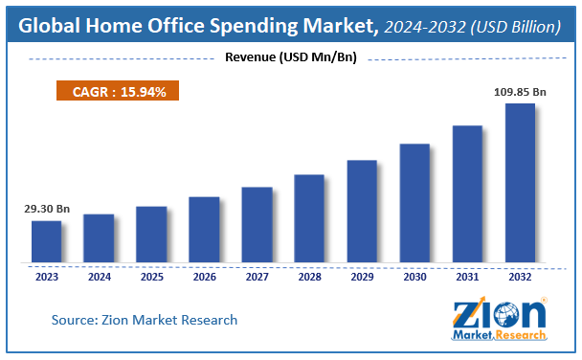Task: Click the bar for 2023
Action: [x=46, y=241]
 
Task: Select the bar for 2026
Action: [x=204, y=230]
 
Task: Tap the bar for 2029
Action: [x=362, y=212]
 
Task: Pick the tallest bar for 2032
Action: [x=520, y=183]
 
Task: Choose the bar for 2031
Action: [x=467, y=194]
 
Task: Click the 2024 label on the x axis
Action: [x=100, y=277]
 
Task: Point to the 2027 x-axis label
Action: [x=257, y=277]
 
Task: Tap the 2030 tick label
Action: [x=414, y=277]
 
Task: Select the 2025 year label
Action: [x=152, y=277]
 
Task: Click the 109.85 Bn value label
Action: [x=520, y=92]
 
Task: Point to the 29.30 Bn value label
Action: [x=47, y=209]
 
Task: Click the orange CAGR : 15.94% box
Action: [x=118, y=91]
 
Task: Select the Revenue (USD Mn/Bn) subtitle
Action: [x=291, y=57]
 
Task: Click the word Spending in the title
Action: [x=254, y=27]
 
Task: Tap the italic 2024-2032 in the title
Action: [x=425, y=27]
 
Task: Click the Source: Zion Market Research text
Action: [x=144, y=320]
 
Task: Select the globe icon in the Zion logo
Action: [x=506, y=315]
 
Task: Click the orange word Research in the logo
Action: [x=521, y=335]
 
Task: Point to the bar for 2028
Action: [x=309, y=218]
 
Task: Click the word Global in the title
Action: [x=49, y=26]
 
